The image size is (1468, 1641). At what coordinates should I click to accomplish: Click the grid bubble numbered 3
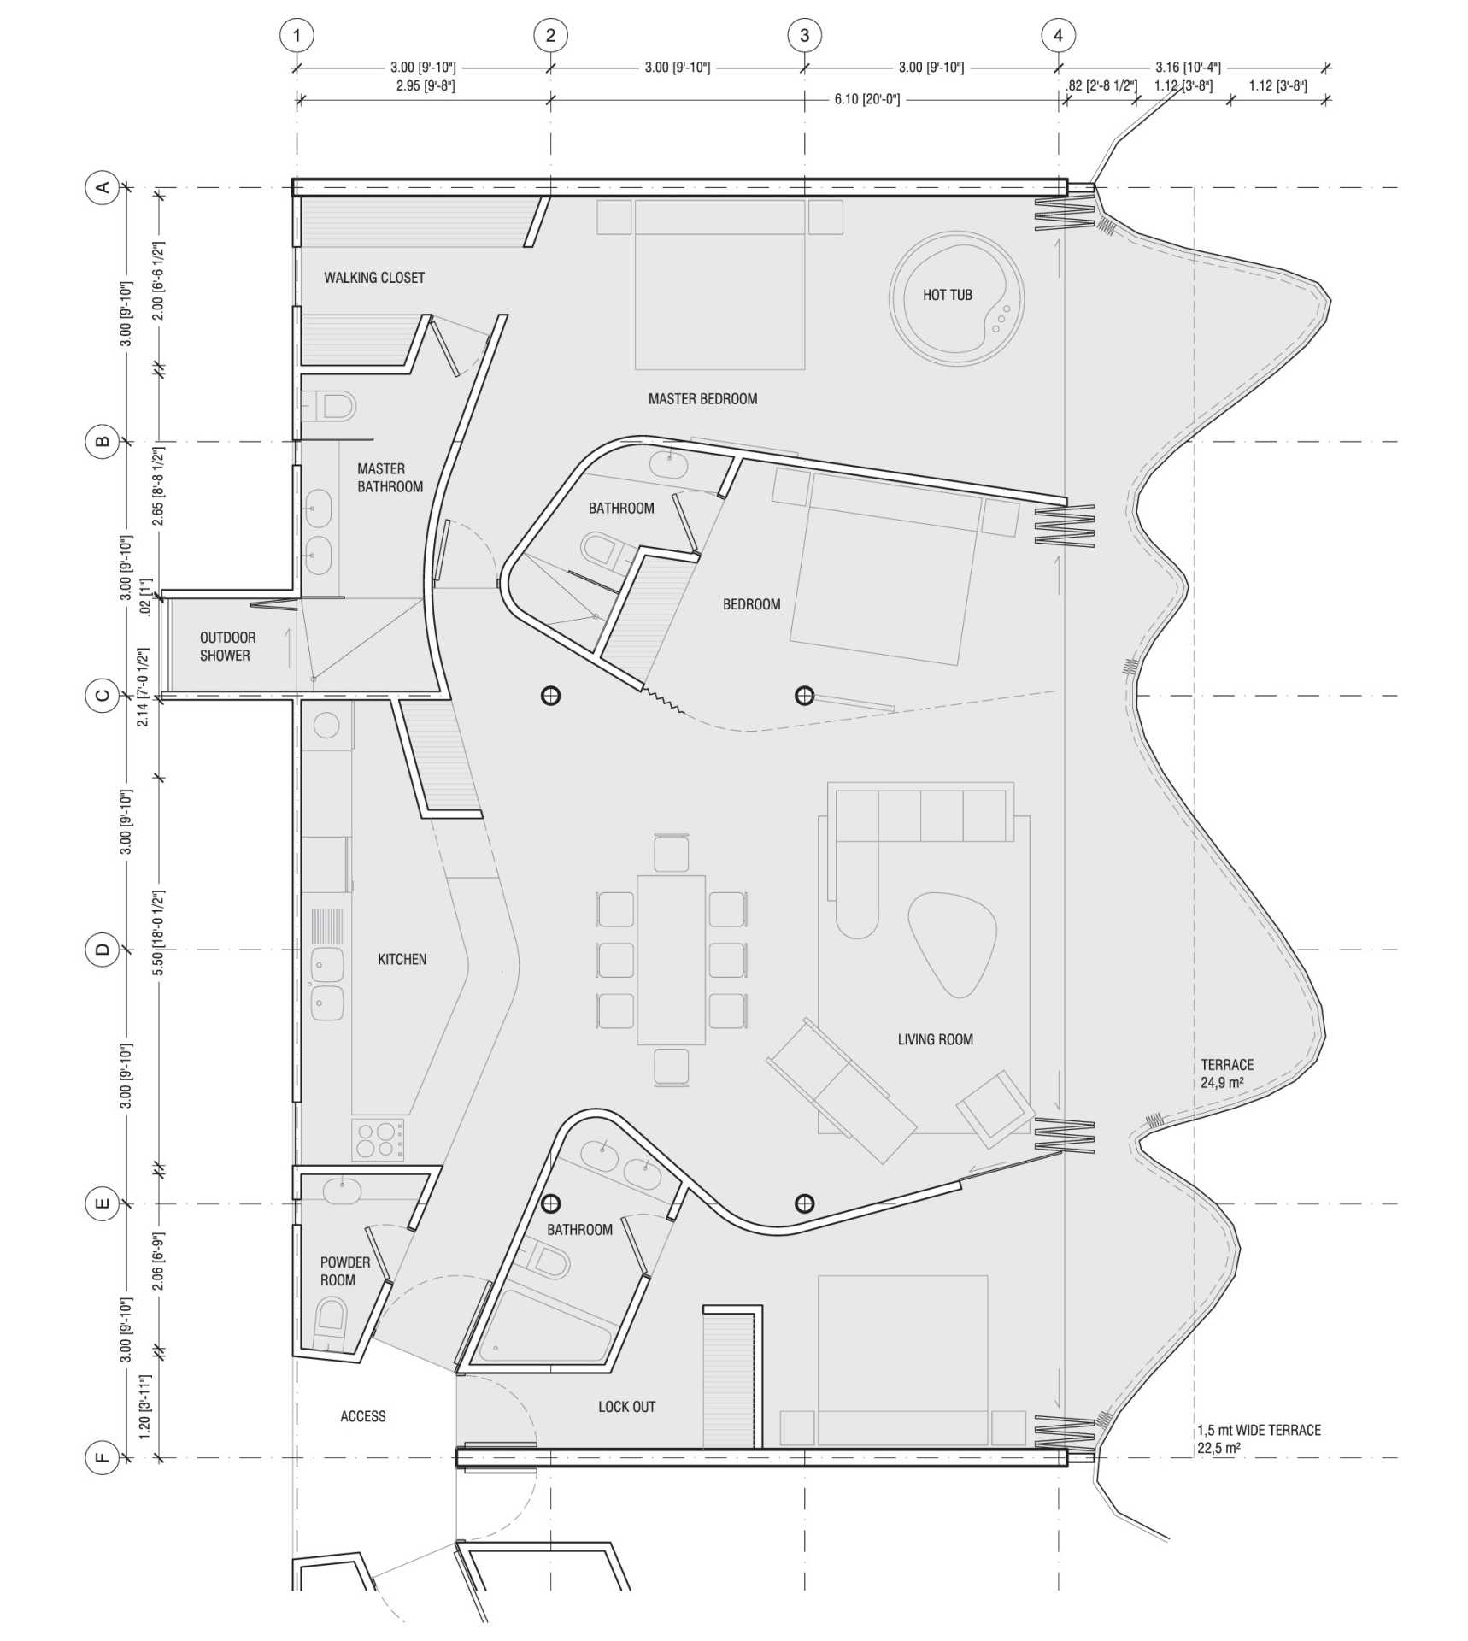(x=803, y=36)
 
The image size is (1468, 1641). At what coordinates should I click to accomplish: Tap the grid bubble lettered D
(x=103, y=949)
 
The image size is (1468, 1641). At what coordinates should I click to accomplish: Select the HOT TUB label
(x=947, y=295)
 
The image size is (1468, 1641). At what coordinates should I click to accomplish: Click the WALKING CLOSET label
(x=373, y=278)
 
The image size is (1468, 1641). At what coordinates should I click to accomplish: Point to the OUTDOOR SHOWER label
(x=226, y=646)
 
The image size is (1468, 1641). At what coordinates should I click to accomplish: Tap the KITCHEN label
(x=402, y=959)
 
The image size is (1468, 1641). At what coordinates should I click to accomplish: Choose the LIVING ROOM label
(x=935, y=1039)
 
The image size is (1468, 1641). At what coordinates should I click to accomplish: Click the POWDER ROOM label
(x=344, y=1271)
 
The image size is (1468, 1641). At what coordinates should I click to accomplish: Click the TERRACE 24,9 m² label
(x=1227, y=1073)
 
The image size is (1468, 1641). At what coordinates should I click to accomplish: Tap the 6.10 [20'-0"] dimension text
(x=866, y=100)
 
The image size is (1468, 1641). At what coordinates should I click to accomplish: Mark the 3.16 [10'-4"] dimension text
(x=1188, y=67)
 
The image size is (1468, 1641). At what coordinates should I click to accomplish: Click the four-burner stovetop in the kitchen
(x=378, y=1139)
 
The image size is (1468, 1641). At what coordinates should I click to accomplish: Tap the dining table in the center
(x=671, y=959)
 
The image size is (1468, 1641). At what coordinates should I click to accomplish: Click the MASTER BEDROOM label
(x=702, y=398)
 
